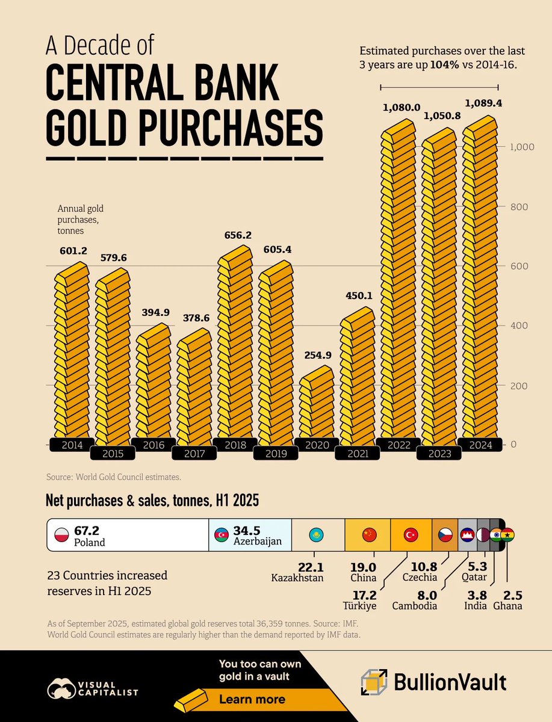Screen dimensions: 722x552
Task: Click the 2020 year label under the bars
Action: click(x=317, y=445)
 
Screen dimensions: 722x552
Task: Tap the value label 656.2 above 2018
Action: click(x=234, y=236)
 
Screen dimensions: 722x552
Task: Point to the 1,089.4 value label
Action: click(x=482, y=103)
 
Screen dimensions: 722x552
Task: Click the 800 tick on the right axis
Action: click(x=518, y=207)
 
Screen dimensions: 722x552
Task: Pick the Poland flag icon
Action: click(x=61, y=534)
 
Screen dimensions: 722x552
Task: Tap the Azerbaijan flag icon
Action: click(x=222, y=534)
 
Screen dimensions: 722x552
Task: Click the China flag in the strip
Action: click(x=369, y=534)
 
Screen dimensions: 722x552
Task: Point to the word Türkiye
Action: click(x=359, y=606)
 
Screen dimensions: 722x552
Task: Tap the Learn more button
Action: click(x=252, y=699)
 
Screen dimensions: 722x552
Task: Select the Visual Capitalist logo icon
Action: click(x=62, y=687)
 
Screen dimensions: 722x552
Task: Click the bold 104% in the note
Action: click(x=442, y=66)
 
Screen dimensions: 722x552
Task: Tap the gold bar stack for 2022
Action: click(x=397, y=283)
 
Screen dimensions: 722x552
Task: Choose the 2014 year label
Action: click(x=72, y=445)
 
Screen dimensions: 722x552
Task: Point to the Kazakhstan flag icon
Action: click(x=315, y=534)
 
